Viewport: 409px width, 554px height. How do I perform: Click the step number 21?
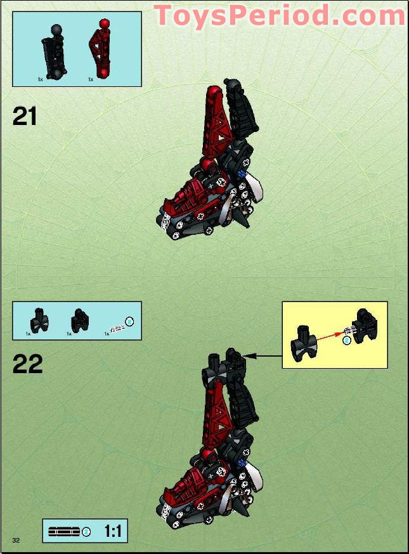[x=25, y=117]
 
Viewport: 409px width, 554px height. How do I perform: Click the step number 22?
[x=27, y=364]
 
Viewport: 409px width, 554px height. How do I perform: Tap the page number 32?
[x=16, y=539]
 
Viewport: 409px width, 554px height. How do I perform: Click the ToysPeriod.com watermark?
[x=279, y=15]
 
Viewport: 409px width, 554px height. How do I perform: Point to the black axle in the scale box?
[x=63, y=531]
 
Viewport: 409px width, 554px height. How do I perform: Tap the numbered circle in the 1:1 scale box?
[x=87, y=531]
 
